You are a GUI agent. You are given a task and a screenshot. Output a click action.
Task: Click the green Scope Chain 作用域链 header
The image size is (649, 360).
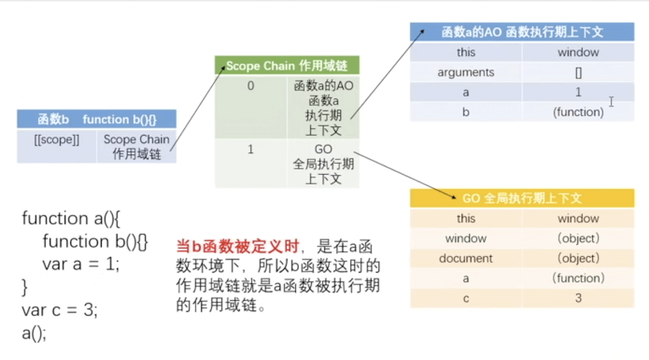coord(287,66)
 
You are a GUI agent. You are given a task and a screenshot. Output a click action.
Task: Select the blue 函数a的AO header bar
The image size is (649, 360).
coord(522,32)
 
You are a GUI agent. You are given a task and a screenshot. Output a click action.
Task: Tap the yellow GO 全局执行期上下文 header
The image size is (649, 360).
coord(522,198)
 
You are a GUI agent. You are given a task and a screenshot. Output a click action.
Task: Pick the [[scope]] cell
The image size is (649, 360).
coord(57,140)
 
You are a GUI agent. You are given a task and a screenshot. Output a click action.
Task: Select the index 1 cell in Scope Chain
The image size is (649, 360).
coord(251,150)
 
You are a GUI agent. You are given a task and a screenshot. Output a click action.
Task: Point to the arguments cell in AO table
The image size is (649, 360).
coord(466,73)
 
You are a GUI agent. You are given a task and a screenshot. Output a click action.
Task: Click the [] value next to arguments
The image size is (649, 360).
coord(578,73)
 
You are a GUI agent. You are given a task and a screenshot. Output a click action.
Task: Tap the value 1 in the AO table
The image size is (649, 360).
coord(578,92)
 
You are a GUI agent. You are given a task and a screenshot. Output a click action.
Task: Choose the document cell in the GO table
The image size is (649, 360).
coord(466,258)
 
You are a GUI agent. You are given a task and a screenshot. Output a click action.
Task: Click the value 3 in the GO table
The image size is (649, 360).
coord(578,298)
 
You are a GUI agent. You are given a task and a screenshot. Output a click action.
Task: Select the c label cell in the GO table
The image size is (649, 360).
coord(466,298)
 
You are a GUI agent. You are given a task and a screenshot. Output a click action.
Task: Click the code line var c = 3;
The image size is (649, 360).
coord(60,310)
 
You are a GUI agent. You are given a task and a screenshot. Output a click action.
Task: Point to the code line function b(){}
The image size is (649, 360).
coord(95,241)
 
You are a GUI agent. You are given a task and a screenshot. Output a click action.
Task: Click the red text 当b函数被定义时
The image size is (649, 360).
coord(237,246)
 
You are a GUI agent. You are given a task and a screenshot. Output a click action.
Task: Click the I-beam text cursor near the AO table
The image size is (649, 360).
coord(611,101)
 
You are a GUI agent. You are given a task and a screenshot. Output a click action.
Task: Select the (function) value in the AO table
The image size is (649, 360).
coord(578,112)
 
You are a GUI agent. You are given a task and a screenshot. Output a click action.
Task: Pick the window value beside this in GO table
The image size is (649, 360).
coord(578,219)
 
